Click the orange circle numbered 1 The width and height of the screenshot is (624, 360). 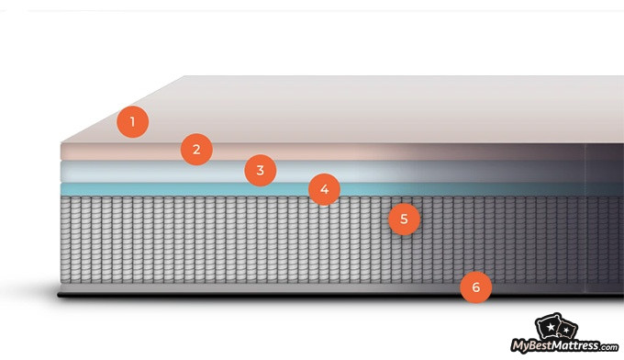(132, 121)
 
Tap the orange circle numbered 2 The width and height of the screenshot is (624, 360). (196, 148)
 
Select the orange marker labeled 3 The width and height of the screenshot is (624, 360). (261, 170)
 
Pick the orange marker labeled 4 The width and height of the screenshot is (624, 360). (324, 190)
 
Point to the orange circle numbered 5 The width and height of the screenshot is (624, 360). (404, 219)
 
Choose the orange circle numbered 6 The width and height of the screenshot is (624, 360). (475, 287)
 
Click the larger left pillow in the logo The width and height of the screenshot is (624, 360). (550, 328)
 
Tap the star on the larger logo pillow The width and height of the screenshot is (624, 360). (550, 328)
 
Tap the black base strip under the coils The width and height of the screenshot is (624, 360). (229, 296)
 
